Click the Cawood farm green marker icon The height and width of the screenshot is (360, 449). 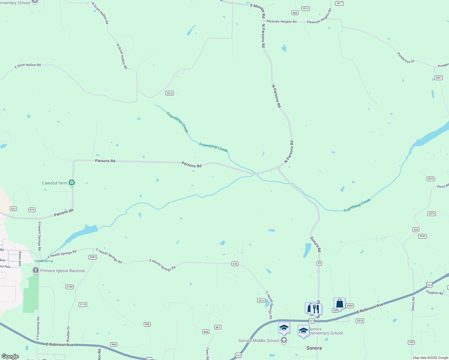[x=72, y=182]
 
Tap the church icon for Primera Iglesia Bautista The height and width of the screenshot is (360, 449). [x=36, y=271]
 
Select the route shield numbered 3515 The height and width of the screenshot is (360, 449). [x=170, y=93]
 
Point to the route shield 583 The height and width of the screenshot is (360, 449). [x=295, y=13]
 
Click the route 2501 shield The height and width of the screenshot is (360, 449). [x=438, y=78]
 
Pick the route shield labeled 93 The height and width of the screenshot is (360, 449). [x=319, y=263]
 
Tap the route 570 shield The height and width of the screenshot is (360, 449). [x=235, y=264]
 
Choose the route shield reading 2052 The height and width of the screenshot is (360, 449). [x=93, y=257]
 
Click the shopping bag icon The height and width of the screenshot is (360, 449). [x=339, y=304]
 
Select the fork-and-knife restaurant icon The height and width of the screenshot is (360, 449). [x=316, y=309]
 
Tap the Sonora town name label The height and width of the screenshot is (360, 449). [x=314, y=348]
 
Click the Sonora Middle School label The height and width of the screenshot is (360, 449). [x=259, y=340]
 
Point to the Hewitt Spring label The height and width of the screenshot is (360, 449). [x=44, y=261]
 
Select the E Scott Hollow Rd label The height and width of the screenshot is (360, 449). [x=28, y=65]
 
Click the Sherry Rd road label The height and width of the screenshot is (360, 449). [x=413, y=304]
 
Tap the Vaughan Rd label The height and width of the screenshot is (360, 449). [x=434, y=292]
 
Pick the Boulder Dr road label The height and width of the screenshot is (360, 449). [x=68, y=334]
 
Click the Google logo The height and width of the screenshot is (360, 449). [x=10, y=356]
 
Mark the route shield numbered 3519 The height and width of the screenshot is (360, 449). [x=431, y=179]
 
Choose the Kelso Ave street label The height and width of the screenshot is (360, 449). [x=20, y=259]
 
